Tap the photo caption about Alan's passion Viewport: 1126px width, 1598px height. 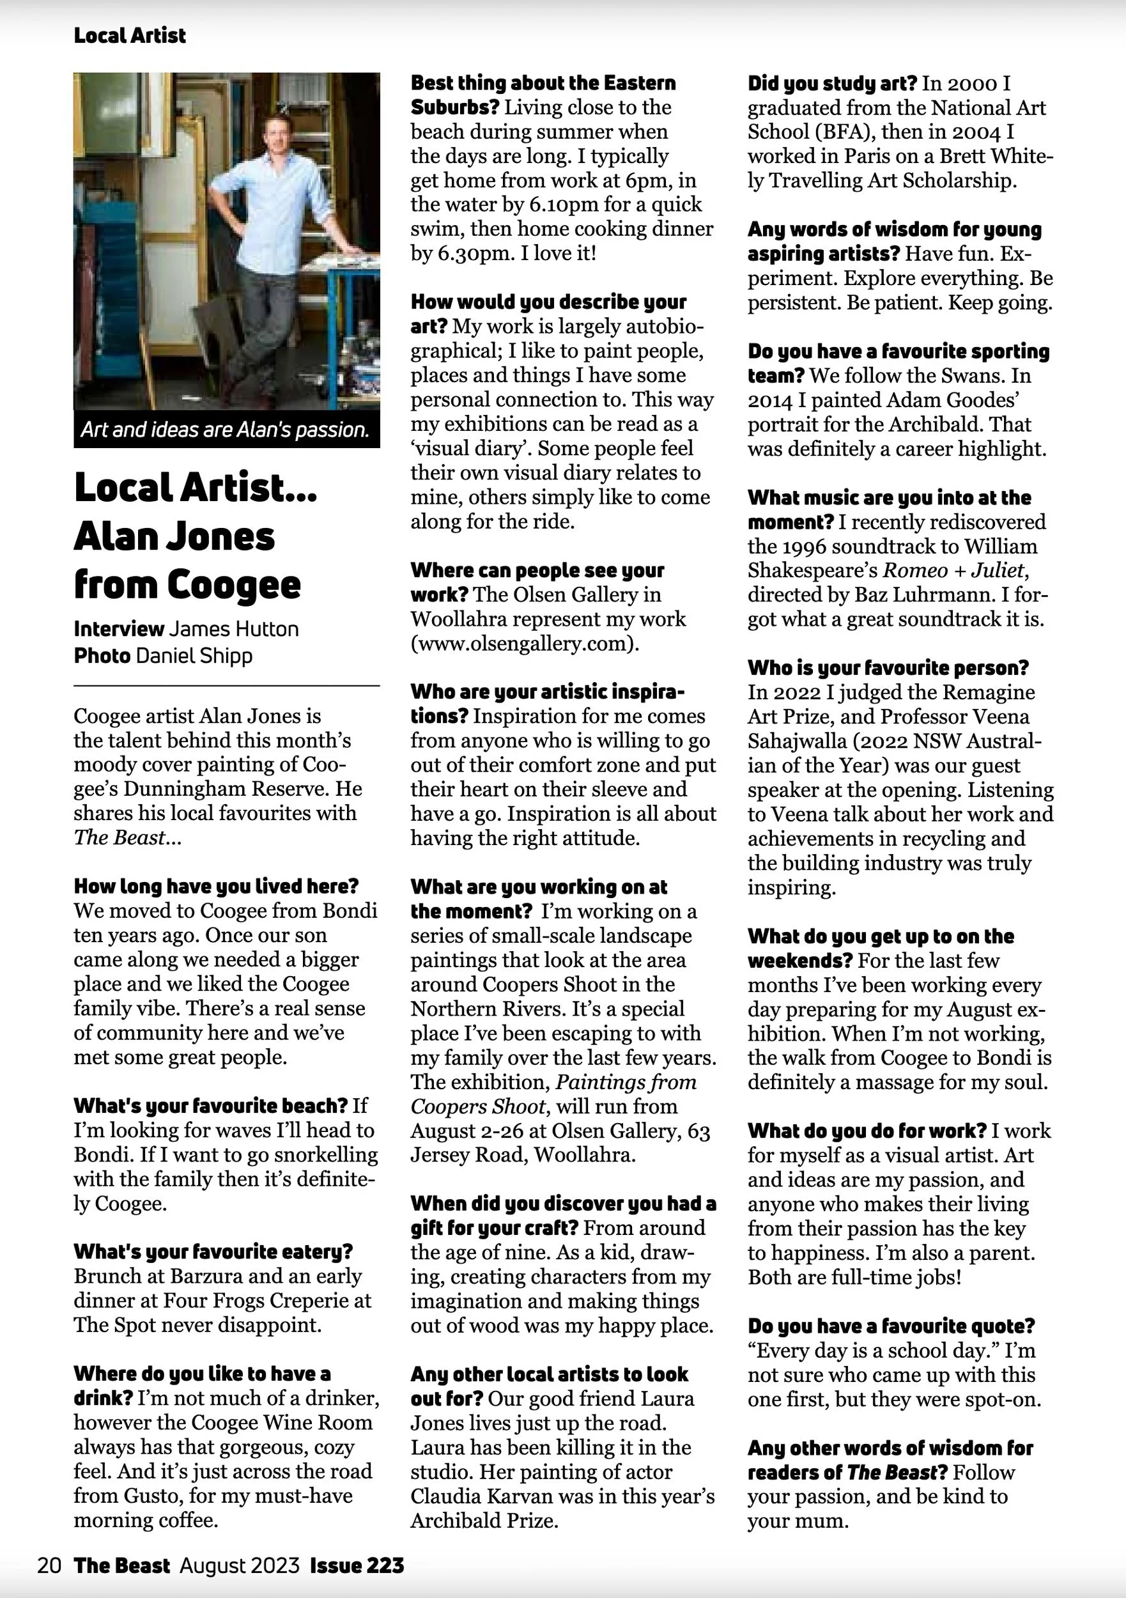point(225,430)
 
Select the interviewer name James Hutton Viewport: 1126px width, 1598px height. point(235,629)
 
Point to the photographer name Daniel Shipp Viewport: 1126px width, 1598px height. point(194,656)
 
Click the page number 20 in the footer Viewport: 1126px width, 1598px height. point(49,1566)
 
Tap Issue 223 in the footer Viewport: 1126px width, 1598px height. point(357,1566)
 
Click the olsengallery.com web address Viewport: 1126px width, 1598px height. point(524,644)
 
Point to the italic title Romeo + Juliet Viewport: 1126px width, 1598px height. point(953,571)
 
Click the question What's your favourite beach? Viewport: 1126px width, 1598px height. point(210,1106)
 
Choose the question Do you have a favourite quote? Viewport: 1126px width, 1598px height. point(891,1326)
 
